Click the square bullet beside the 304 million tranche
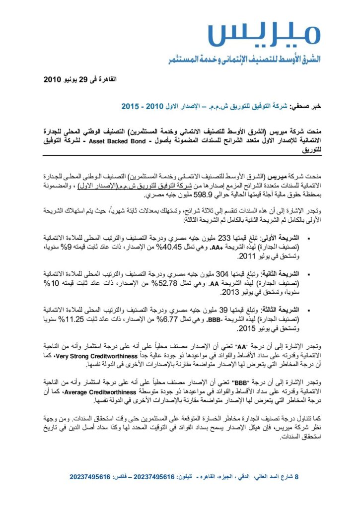click(308, 273)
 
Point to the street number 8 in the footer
click(297, 477)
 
